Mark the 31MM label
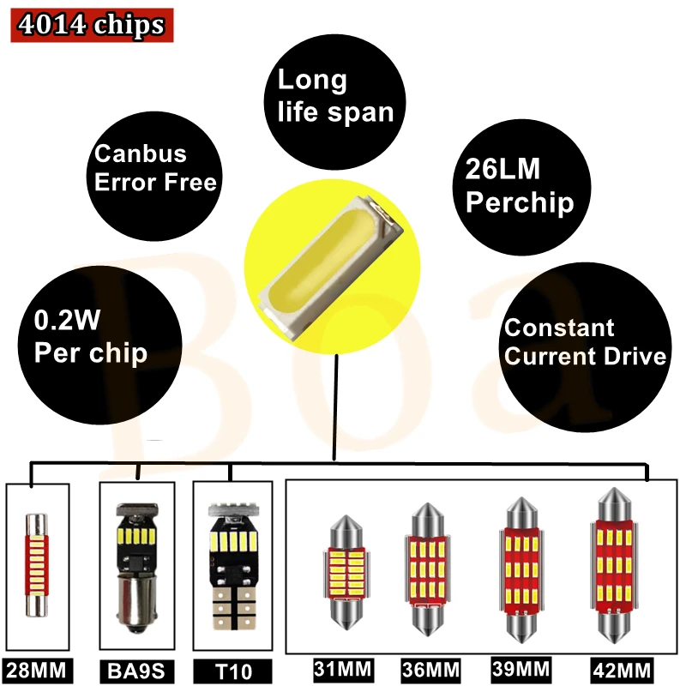coord(338,668)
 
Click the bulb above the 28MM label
coord(36,563)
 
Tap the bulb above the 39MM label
coord(518,571)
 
